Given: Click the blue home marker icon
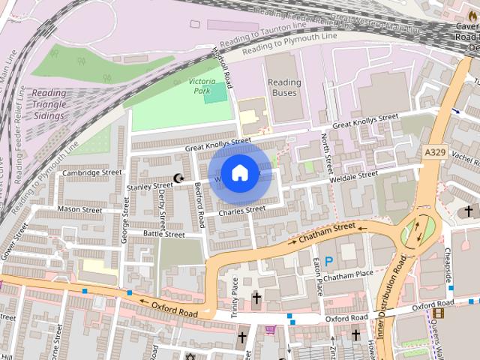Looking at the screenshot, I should coord(239,173).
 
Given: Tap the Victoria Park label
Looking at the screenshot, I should coord(202,85).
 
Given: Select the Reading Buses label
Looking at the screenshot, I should coord(284,88).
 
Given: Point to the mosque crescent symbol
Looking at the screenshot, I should coord(178,178).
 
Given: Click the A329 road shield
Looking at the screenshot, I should coord(434,152).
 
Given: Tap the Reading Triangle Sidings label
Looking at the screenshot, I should coord(49,105).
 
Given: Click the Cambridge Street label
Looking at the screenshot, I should coord(91,172).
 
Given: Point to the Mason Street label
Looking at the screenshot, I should coord(79,209).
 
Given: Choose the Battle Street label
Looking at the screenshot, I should coord(163,235).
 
